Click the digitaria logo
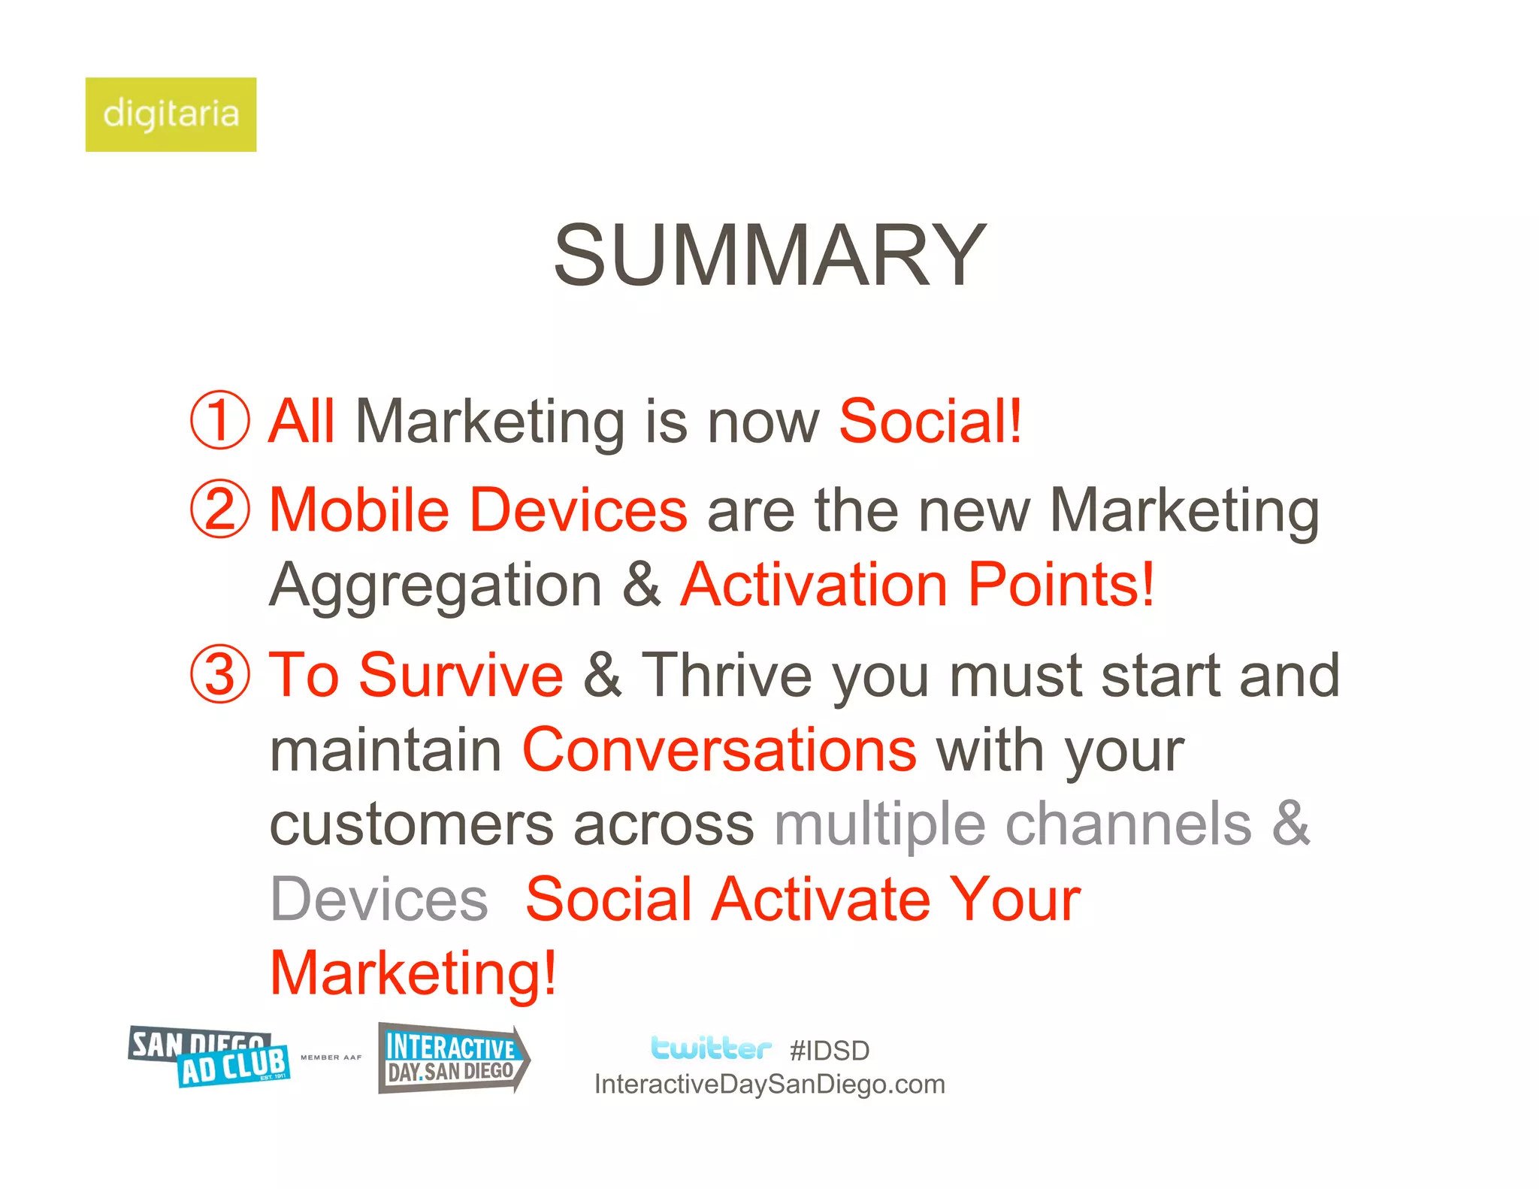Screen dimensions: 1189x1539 [171, 114]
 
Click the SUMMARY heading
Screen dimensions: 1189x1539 [769, 256]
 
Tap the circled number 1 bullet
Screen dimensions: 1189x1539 [219, 420]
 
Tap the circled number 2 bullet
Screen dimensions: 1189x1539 [219, 509]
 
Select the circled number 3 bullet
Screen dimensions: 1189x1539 [219, 674]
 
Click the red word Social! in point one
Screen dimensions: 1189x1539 [930, 421]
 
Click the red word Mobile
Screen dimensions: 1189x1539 [359, 510]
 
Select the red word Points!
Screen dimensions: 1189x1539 [1060, 584]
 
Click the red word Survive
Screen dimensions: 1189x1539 [461, 674]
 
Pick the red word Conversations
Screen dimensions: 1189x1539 [719, 749]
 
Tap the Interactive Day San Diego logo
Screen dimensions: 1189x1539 [453, 1058]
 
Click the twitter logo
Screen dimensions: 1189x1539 [710, 1048]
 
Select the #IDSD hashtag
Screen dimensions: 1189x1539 [830, 1051]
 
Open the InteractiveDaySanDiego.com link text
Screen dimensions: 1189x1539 [769, 1085]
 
